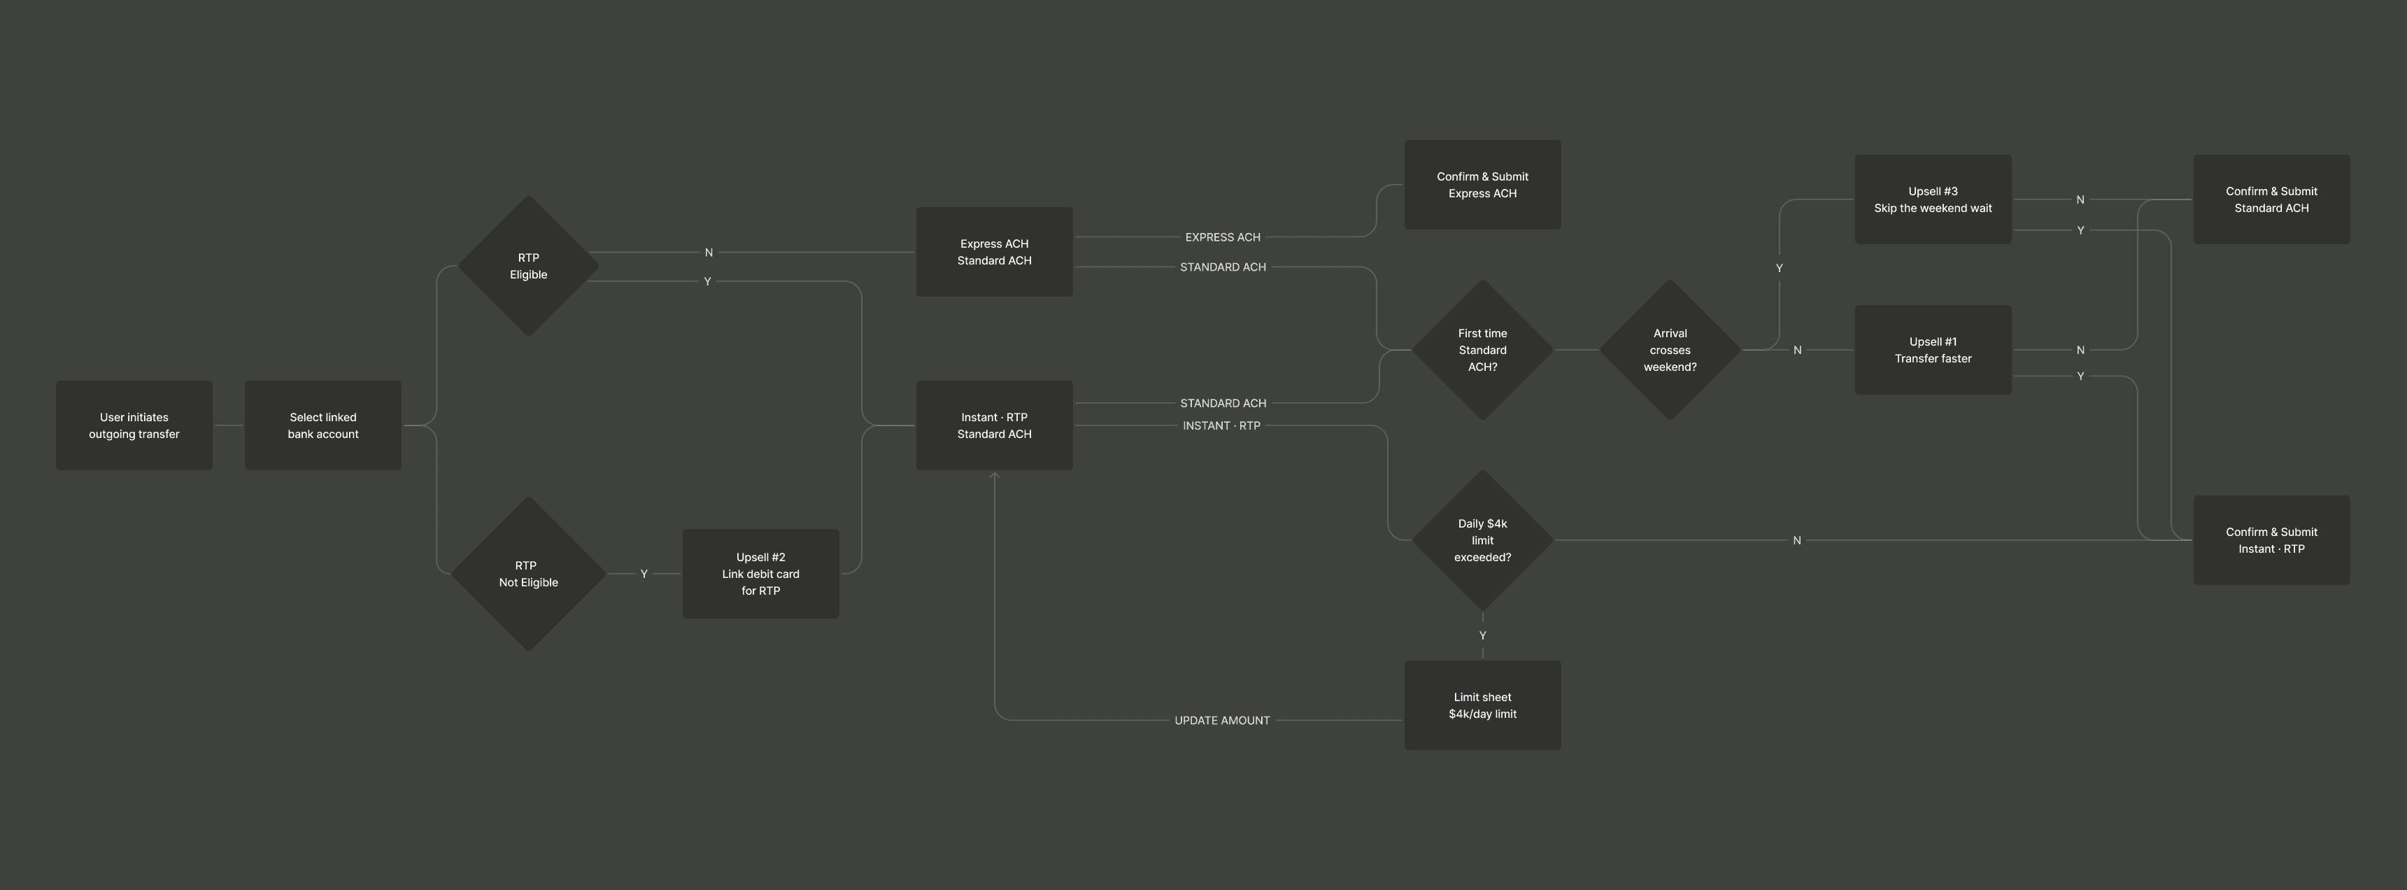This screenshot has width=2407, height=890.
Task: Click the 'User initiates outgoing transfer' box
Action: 134,425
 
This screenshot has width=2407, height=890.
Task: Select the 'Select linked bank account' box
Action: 322,425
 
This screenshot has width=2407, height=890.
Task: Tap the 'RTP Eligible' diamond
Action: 528,265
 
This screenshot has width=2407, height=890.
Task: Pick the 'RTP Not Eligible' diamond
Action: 528,574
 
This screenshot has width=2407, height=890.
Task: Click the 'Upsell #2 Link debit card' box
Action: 760,574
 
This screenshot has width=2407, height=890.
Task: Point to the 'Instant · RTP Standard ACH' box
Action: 994,425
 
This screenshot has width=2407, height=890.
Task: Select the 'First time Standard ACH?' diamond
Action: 1482,350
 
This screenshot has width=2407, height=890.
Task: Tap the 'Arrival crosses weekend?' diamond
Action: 1670,350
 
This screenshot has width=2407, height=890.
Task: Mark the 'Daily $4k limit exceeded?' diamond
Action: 1482,540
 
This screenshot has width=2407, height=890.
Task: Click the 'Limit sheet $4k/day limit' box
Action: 1482,705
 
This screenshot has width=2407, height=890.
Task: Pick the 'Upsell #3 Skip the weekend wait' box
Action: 1932,199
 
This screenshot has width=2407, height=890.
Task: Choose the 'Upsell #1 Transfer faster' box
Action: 1932,350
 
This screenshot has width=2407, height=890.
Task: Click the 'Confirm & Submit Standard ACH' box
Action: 2271,199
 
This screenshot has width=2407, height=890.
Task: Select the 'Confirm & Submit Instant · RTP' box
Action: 2271,540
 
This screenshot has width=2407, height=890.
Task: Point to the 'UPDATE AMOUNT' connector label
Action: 1221,721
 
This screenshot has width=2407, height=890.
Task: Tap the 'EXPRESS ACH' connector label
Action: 1222,237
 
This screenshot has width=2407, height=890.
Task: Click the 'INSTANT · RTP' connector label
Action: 1221,425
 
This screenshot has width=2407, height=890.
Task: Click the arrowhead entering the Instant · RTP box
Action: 994,476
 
